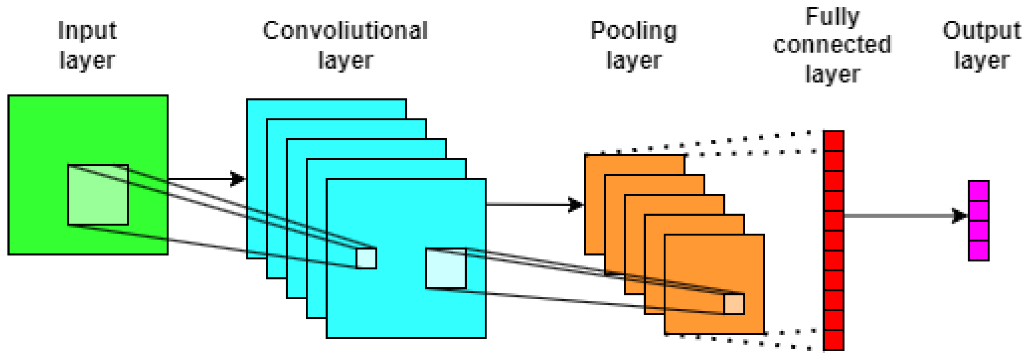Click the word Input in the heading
click(x=87, y=31)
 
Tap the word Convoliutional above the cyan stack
click(x=345, y=30)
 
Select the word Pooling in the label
click(x=633, y=31)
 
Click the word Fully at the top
click(x=832, y=17)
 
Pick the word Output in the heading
click(x=981, y=30)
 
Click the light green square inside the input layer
click(x=98, y=195)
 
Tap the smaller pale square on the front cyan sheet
click(x=366, y=259)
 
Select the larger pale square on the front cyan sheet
click(x=446, y=268)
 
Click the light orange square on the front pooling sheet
click(x=734, y=304)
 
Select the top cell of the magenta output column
click(x=978, y=191)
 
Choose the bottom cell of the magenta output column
click(x=978, y=250)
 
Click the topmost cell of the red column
click(x=833, y=141)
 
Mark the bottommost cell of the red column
click(x=833, y=340)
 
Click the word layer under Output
click(x=981, y=60)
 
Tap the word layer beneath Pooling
click(x=633, y=60)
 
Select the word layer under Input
click(x=87, y=60)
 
